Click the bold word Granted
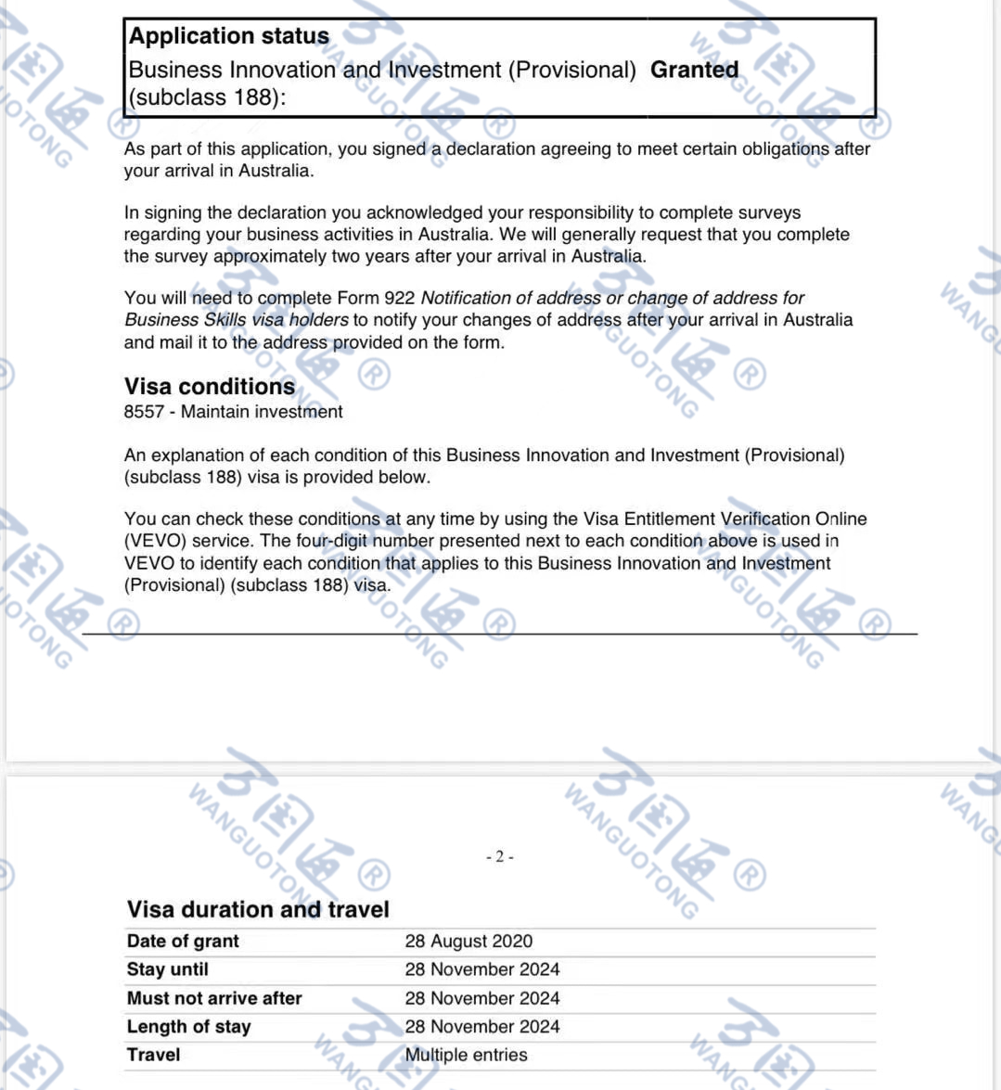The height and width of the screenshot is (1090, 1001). pyautogui.click(x=694, y=70)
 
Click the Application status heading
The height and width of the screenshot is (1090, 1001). pyautogui.click(x=229, y=36)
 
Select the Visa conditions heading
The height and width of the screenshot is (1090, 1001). pyautogui.click(x=210, y=386)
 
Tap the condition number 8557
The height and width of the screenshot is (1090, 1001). pyautogui.click(x=144, y=412)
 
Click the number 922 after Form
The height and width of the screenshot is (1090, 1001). pyautogui.click(x=399, y=298)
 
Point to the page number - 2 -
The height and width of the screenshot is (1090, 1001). pyautogui.click(x=500, y=856)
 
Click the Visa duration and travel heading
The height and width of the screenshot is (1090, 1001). pyautogui.click(x=258, y=909)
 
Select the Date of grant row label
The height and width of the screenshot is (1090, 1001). pyautogui.click(x=183, y=941)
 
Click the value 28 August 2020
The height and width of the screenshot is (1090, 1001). pyautogui.click(x=468, y=941)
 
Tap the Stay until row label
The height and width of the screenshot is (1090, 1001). pyautogui.click(x=168, y=969)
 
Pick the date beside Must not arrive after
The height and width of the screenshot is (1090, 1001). pyautogui.click(x=482, y=998)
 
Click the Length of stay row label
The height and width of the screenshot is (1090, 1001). pyautogui.click(x=189, y=1027)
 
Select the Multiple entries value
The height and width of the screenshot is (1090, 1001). pyautogui.click(x=466, y=1055)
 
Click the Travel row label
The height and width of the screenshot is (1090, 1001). pyautogui.click(x=154, y=1055)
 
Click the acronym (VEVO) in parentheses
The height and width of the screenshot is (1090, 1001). pyautogui.click(x=153, y=541)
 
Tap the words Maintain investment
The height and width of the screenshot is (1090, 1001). pyautogui.click(x=262, y=412)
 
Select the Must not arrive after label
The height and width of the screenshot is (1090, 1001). pyautogui.click(x=214, y=998)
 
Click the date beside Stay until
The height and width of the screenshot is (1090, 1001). pyautogui.click(x=482, y=969)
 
